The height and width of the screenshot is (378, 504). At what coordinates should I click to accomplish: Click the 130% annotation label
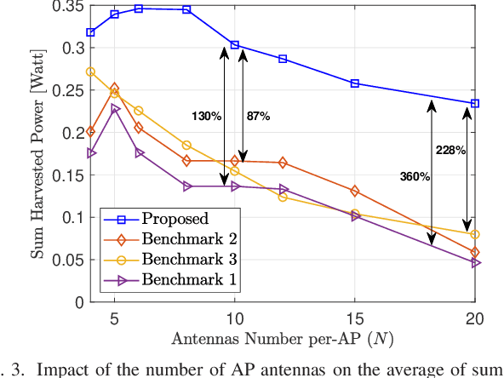tap(206, 116)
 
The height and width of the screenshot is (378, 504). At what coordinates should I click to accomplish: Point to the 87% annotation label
tap(258, 116)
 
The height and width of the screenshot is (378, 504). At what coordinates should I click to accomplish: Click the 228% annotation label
tap(450, 151)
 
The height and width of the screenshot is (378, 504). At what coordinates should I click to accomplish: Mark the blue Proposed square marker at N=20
tap(475, 103)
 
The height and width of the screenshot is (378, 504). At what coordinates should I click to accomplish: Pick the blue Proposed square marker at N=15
tap(355, 83)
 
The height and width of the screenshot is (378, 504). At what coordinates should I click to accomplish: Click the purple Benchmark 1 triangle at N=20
tap(475, 263)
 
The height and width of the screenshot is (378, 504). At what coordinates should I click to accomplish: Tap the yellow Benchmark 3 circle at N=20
tap(475, 234)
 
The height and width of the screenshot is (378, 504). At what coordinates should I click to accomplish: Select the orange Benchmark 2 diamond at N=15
tap(355, 191)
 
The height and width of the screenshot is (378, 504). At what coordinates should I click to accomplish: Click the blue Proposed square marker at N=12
tap(283, 59)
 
